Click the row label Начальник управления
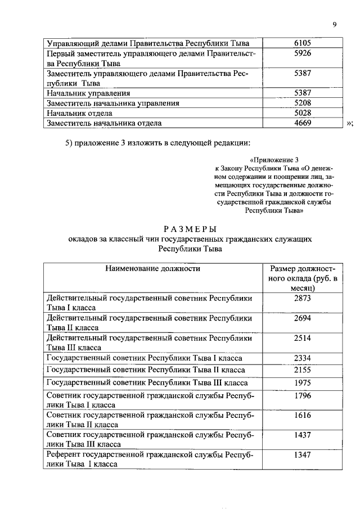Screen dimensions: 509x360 point(88,93)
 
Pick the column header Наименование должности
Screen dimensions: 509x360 point(152,269)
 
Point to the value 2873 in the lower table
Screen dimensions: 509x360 point(303,299)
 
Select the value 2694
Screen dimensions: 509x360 point(303,318)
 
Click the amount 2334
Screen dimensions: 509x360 point(303,358)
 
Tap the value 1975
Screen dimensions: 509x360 point(303,383)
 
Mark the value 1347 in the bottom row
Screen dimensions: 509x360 point(303,456)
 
